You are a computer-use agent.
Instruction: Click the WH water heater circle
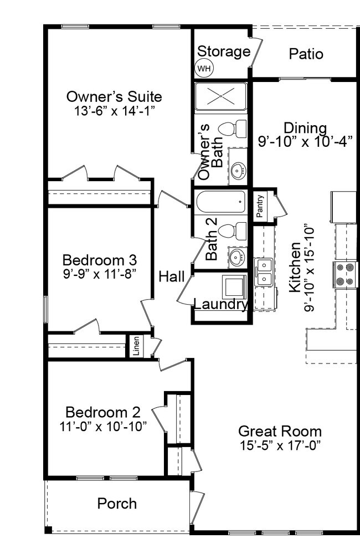(x=204, y=69)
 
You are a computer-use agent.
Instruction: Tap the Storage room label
(x=224, y=52)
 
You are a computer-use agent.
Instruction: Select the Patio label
(x=306, y=54)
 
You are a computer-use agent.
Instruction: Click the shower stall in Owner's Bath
(x=220, y=96)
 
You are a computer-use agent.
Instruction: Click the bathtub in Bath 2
(x=221, y=202)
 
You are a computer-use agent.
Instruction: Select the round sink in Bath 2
(x=238, y=258)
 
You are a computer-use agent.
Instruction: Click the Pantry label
(x=260, y=206)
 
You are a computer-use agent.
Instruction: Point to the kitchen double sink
(x=264, y=272)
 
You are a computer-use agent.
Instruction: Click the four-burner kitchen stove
(x=346, y=274)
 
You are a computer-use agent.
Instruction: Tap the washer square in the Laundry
(x=234, y=287)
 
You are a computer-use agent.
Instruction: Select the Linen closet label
(x=136, y=346)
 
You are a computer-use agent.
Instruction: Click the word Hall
(x=172, y=276)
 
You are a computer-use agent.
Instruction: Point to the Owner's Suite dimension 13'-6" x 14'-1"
(x=115, y=111)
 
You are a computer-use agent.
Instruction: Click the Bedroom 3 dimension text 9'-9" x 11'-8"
(x=100, y=274)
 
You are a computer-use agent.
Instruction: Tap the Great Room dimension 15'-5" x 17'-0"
(x=280, y=445)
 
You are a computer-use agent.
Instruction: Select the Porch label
(x=117, y=504)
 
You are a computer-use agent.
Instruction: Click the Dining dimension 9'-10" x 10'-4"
(x=306, y=142)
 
